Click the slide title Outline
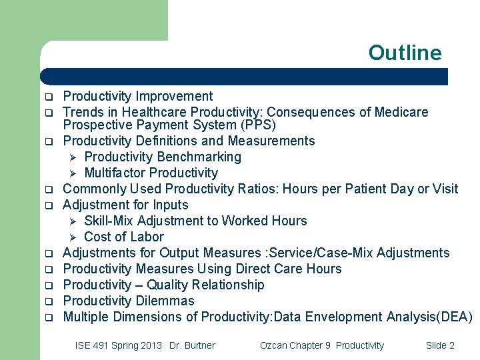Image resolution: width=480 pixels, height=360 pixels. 405,53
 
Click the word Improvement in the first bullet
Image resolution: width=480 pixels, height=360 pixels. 175,96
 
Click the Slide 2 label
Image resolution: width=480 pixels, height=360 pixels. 440,345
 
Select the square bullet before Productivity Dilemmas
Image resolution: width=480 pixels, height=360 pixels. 49,301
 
